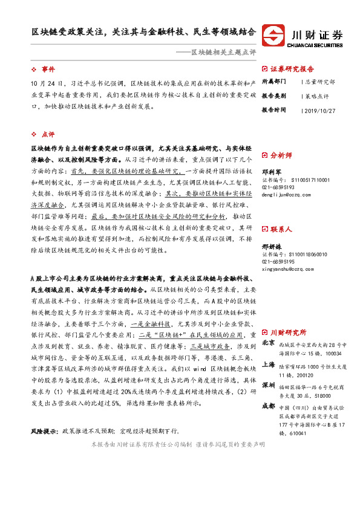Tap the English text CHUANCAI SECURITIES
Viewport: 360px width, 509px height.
tap(316, 43)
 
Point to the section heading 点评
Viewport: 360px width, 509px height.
tap(48, 134)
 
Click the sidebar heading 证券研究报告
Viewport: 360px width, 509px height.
tap(293, 69)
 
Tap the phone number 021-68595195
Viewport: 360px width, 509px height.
tap(278, 262)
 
